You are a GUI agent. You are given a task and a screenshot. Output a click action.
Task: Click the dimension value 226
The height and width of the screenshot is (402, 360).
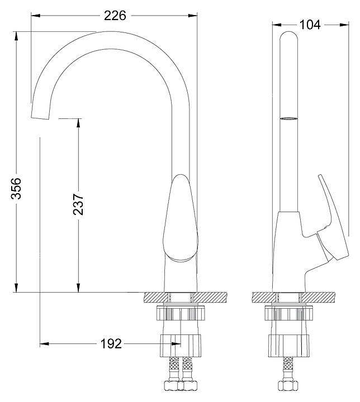pos(115,16)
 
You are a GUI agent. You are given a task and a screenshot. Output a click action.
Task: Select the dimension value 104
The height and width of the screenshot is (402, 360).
pos(310,25)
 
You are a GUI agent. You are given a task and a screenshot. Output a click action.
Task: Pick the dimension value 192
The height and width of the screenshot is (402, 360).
pos(112,344)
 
